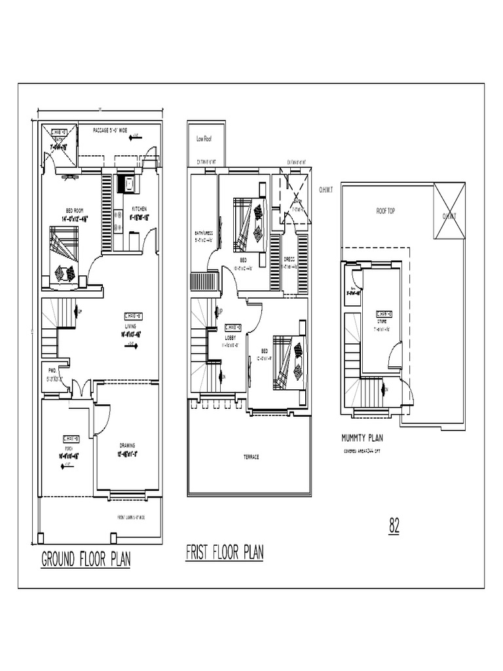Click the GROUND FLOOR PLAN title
pos(86,560)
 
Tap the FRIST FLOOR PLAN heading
pos(225,552)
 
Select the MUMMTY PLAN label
pos(362,438)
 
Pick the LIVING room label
pos(131,326)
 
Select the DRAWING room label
pos(127,446)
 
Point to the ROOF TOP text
pos(385,212)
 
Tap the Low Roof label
pos(204,139)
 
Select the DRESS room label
pos(289,259)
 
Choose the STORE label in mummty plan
pos(382,322)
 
